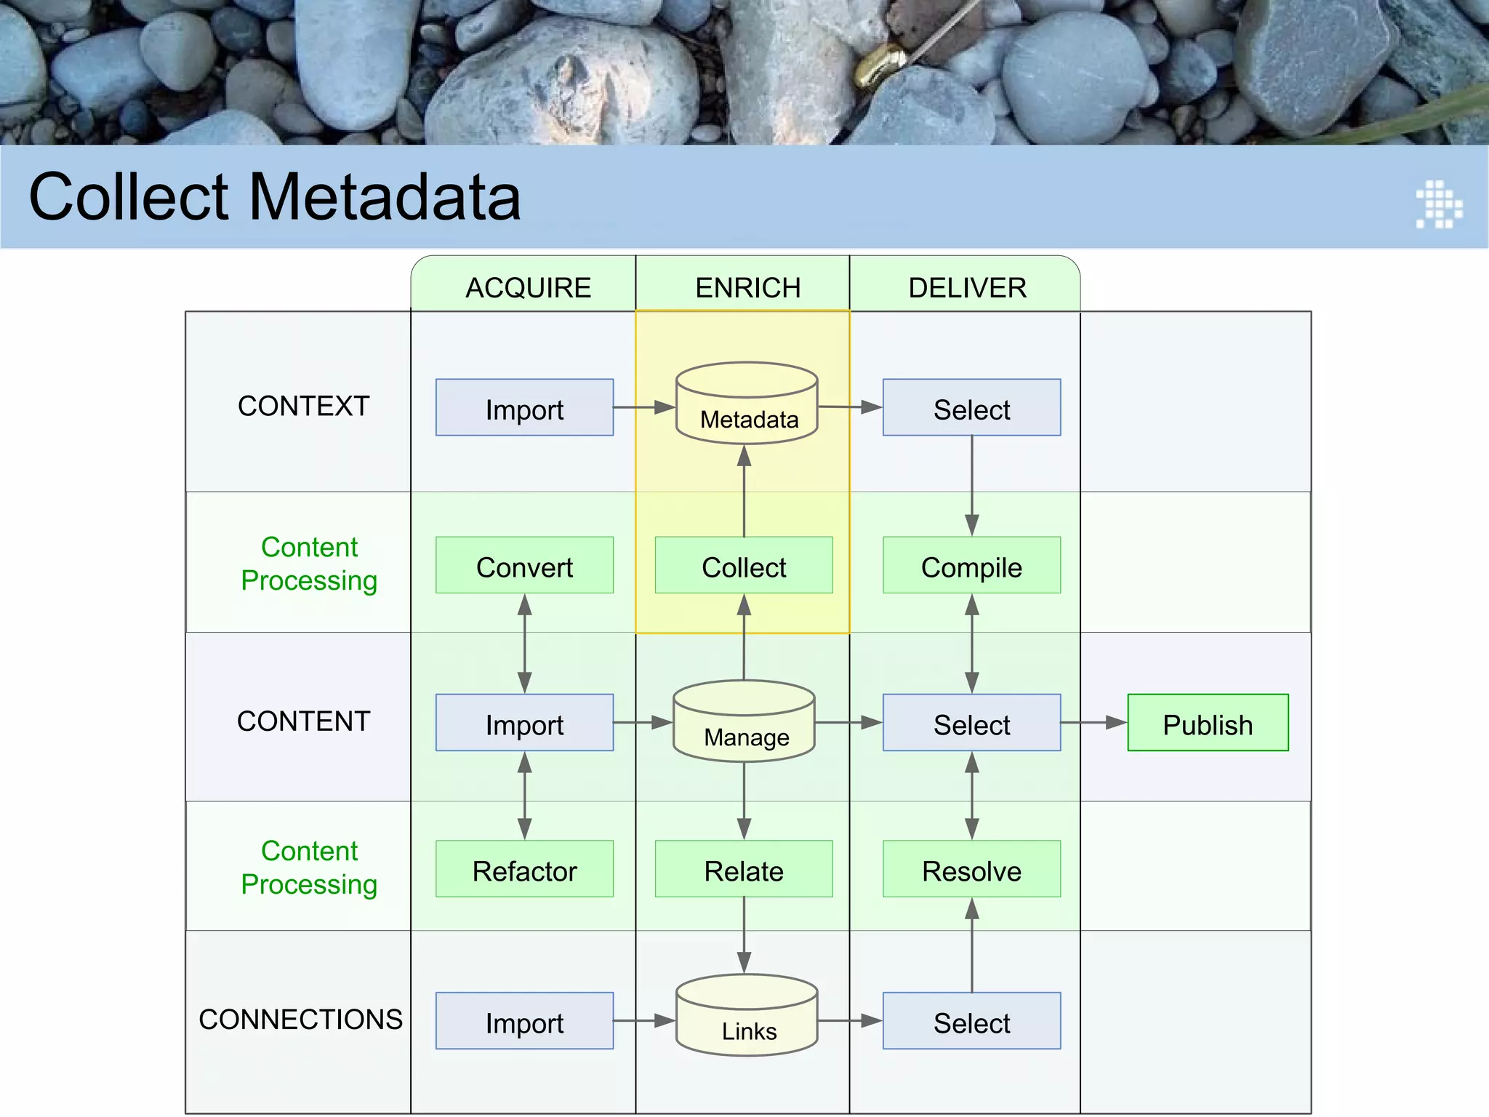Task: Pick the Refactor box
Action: coord(524,869)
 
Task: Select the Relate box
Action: coord(744,869)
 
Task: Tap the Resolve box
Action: coord(971,869)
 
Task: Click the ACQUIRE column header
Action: coord(528,288)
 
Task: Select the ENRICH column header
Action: coord(747,288)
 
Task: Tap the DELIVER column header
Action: coord(967,288)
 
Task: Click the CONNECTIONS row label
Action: coord(300,1020)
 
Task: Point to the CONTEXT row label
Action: coord(303,406)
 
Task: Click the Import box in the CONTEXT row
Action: coord(524,408)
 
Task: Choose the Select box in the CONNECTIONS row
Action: coord(971,1021)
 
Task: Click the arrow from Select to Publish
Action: coord(1093,723)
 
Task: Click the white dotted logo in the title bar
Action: coord(1439,204)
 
